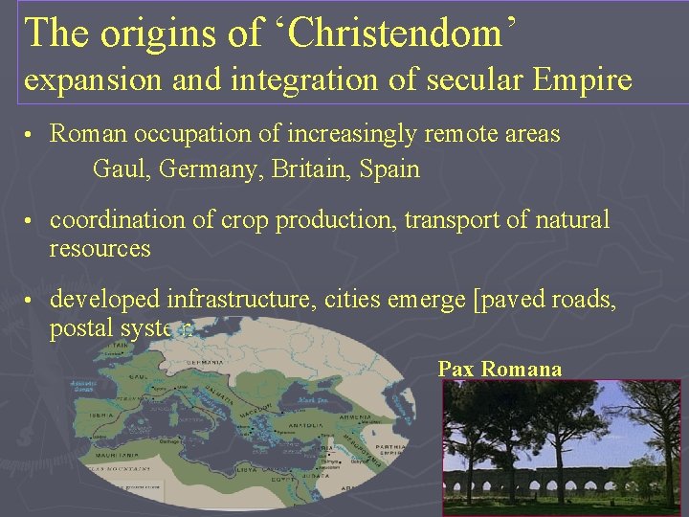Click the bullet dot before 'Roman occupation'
[x=31, y=135]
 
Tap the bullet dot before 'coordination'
[x=31, y=221]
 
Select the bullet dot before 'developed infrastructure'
[x=31, y=301]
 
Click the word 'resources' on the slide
[x=100, y=249]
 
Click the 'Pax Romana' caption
[x=500, y=369]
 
